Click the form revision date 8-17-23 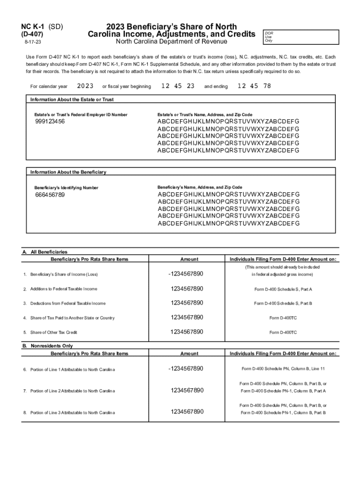[32, 42]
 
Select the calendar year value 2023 [85, 86]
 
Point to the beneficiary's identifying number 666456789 [50, 195]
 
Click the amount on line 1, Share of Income [186, 274]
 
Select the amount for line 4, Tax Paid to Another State [187, 318]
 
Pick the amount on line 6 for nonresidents [186, 369]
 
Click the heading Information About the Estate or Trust [72, 100]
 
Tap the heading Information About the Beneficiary [68, 172]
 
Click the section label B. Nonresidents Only [48, 346]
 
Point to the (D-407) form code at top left [35, 34]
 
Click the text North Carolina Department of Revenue [171, 42]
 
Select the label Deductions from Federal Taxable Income [68, 303]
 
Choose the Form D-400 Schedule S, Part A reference [283, 289]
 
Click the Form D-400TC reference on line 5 [283, 333]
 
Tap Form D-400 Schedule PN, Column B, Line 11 [283, 369]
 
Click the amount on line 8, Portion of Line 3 [187, 412]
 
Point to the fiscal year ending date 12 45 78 [254, 86]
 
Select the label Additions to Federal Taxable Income [64, 289]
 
